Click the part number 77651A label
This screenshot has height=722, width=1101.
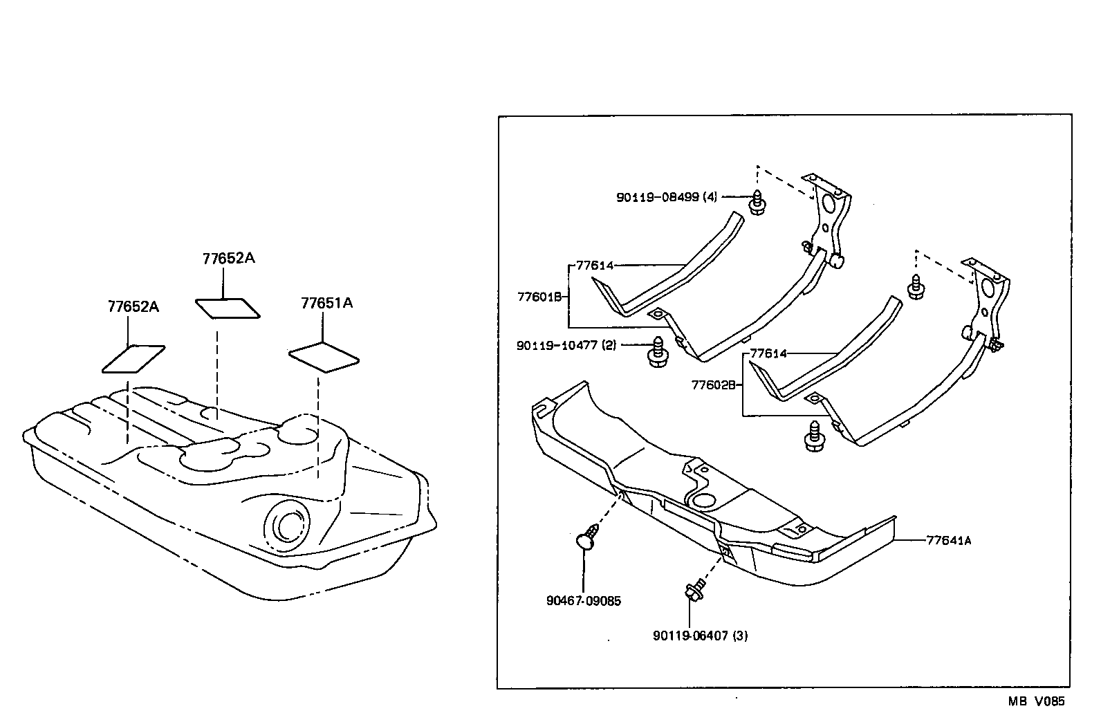click(x=326, y=304)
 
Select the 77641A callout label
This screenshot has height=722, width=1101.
click(x=948, y=541)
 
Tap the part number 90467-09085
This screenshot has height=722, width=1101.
click(x=583, y=601)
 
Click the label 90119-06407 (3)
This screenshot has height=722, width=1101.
click(x=700, y=636)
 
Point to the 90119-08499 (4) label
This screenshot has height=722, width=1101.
click(x=666, y=197)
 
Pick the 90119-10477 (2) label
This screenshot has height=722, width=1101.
click(x=566, y=345)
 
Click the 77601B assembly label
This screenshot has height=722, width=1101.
click(x=539, y=297)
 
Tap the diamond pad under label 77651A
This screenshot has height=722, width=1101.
click(x=323, y=358)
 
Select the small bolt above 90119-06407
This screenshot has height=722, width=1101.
click(x=692, y=591)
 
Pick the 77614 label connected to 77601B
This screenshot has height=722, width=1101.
click(x=594, y=266)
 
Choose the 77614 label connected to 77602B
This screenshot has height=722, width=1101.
click(x=768, y=353)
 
